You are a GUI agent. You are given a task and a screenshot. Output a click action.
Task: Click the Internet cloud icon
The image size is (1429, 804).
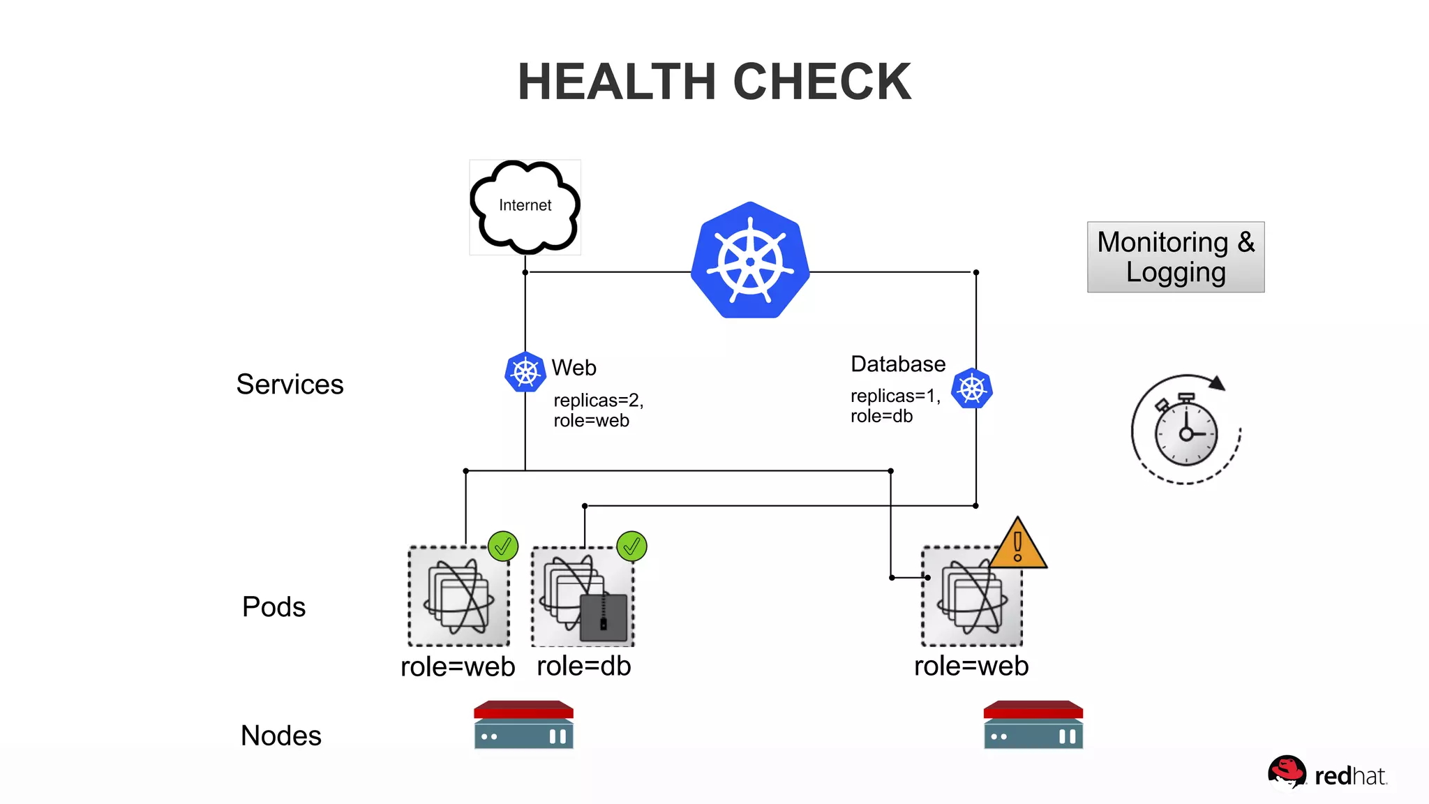click(525, 206)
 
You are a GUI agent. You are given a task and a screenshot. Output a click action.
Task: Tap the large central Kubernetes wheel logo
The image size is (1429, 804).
click(750, 261)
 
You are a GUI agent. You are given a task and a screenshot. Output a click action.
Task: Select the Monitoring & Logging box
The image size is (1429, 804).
click(1176, 257)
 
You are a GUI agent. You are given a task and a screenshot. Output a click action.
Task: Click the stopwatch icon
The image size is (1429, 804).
click(1185, 431)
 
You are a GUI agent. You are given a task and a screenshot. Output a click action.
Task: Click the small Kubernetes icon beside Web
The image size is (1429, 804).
click(525, 372)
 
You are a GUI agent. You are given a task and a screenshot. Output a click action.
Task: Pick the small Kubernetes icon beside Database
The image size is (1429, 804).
click(971, 388)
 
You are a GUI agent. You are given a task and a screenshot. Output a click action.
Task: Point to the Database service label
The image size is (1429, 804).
click(897, 364)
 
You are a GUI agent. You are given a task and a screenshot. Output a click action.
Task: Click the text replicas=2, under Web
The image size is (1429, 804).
click(598, 400)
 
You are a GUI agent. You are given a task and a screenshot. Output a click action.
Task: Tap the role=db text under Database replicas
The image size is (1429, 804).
click(881, 417)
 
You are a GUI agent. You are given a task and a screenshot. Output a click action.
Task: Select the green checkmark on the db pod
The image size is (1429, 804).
click(631, 546)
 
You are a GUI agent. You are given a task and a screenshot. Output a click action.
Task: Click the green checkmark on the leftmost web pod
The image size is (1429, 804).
click(502, 546)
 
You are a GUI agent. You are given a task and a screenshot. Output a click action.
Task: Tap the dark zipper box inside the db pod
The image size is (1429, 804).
click(604, 617)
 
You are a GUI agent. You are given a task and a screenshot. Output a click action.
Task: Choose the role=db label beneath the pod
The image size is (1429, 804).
click(583, 666)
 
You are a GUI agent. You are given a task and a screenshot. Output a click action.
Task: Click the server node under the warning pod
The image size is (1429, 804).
click(1033, 724)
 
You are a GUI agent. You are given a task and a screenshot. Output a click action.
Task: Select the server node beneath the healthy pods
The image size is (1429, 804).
click(523, 724)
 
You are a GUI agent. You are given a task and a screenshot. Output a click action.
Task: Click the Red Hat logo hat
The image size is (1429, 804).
click(1286, 771)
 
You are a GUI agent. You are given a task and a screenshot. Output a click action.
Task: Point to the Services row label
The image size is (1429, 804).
click(290, 384)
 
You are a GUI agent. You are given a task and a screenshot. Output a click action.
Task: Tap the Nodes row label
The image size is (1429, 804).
click(280, 736)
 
